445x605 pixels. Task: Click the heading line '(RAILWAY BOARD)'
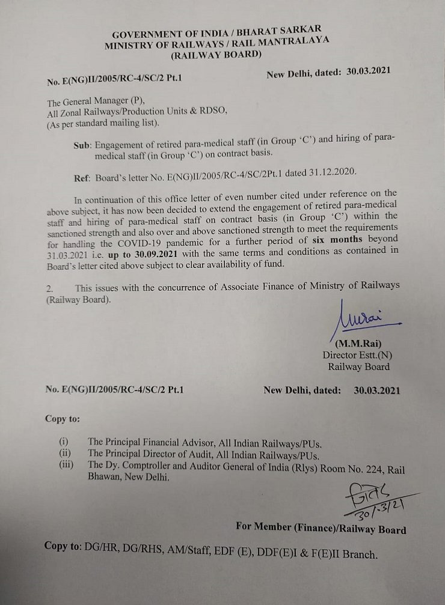216,55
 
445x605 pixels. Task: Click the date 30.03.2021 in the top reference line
369,70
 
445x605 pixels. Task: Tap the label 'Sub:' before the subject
81,145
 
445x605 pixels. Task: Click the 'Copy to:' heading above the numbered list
62,419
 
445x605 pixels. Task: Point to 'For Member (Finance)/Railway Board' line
321,529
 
